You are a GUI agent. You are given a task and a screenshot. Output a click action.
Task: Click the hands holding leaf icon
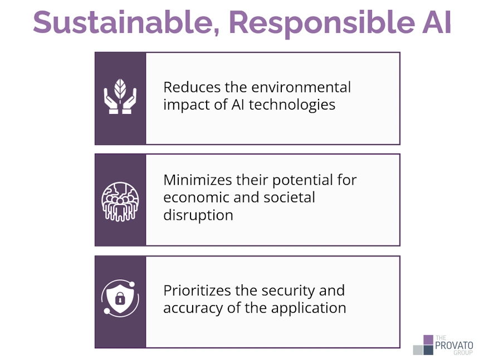(x=120, y=97)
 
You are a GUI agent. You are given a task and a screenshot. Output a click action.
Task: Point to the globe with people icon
(x=120, y=200)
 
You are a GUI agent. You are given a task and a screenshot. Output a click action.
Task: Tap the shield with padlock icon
(x=120, y=301)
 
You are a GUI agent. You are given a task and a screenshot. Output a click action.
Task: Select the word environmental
(x=302, y=88)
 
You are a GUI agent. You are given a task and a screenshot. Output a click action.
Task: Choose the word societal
(x=289, y=198)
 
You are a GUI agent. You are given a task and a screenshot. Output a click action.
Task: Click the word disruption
(x=198, y=215)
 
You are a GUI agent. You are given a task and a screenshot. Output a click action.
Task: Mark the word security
(x=289, y=290)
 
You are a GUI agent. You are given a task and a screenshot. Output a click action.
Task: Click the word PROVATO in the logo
(x=454, y=344)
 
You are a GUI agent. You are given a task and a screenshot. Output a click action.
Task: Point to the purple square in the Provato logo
(x=428, y=339)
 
